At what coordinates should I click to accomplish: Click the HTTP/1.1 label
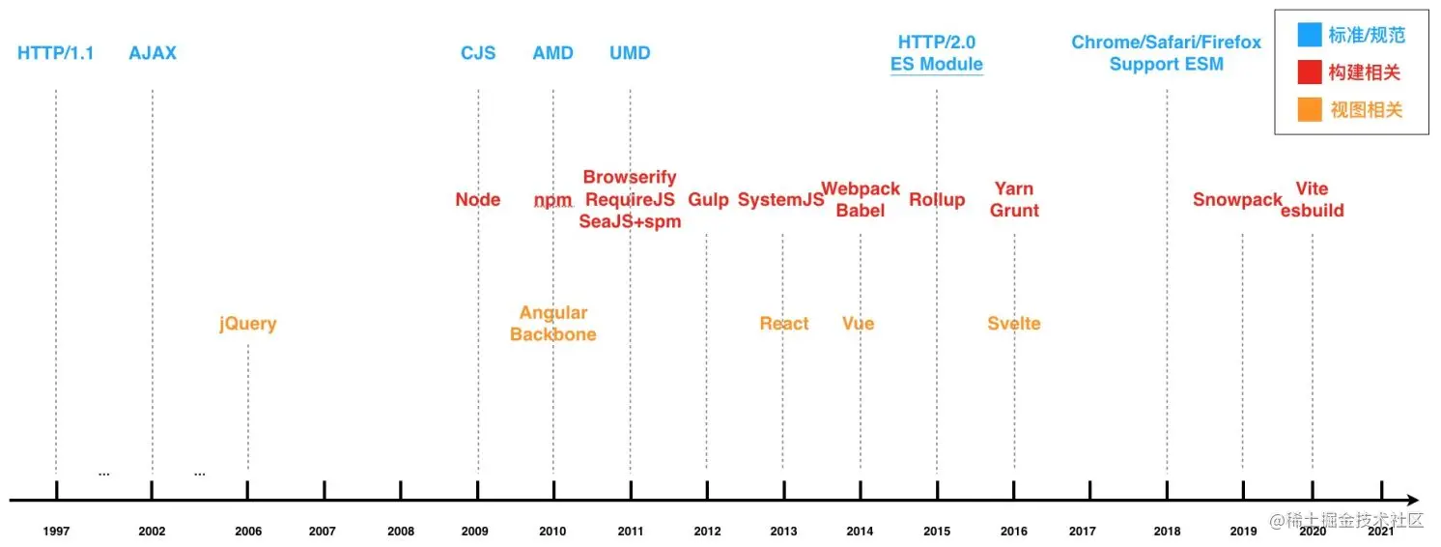[x=56, y=53]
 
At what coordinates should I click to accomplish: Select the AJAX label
[x=153, y=53]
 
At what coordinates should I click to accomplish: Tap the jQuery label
[x=248, y=324]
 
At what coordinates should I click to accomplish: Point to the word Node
[x=478, y=200]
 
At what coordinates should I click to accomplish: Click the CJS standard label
[x=478, y=53]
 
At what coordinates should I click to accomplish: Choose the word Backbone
[x=553, y=334]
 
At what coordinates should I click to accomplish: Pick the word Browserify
[x=630, y=178]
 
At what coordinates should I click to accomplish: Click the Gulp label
[x=708, y=200]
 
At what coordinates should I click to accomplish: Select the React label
[x=784, y=324]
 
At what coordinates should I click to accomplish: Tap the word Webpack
[x=861, y=189]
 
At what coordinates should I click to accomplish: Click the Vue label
[x=858, y=324]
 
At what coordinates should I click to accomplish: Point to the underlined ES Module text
[x=937, y=65]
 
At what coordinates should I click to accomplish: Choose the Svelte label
[x=1014, y=324]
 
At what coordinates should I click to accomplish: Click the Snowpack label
[x=1237, y=200]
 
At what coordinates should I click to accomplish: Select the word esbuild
[x=1313, y=211]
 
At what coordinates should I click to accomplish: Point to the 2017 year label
[x=1083, y=532]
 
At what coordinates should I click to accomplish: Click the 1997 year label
[x=56, y=532]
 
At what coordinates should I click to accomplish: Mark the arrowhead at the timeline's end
[x=1413, y=501]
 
